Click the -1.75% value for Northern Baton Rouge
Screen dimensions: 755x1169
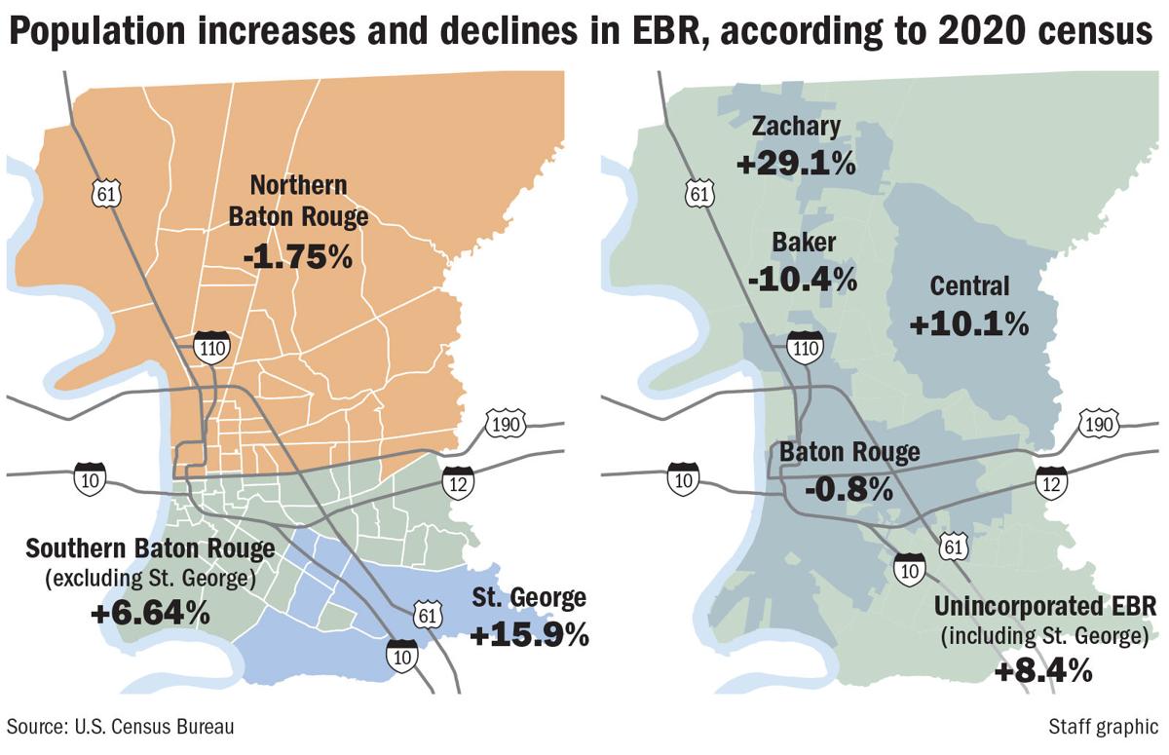[x=297, y=257]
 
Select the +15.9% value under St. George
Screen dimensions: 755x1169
[x=530, y=634]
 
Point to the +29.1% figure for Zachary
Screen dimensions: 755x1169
[x=796, y=163]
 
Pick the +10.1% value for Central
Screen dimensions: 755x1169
[x=969, y=322]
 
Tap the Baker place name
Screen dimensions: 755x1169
[x=804, y=243]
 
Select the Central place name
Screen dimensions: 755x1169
[x=969, y=285]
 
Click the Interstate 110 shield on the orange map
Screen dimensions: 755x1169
[x=210, y=348]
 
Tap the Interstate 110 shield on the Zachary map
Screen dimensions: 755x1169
[x=806, y=348]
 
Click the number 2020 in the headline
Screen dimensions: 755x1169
[x=982, y=34]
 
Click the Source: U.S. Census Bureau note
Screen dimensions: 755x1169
[x=122, y=727]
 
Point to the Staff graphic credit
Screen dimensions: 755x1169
[x=1103, y=727]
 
